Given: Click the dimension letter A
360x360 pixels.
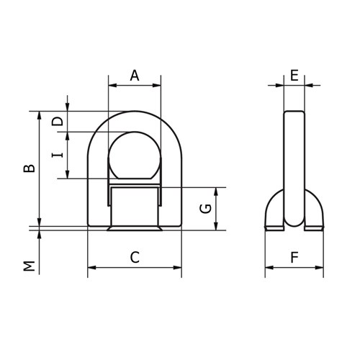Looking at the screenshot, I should pyautogui.click(x=134, y=75).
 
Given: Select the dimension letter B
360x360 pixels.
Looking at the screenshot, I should pyautogui.click(x=28, y=168).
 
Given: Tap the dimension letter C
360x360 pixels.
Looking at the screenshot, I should pyautogui.click(x=134, y=256).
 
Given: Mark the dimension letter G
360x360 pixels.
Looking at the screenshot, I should pyautogui.click(x=205, y=209).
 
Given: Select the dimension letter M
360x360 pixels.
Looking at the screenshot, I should pyautogui.click(x=28, y=266).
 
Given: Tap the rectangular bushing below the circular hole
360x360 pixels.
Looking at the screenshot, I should pyautogui.click(x=134, y=204).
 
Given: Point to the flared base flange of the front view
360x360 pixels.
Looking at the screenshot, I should pyautogui.click(x=134, y=230).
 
